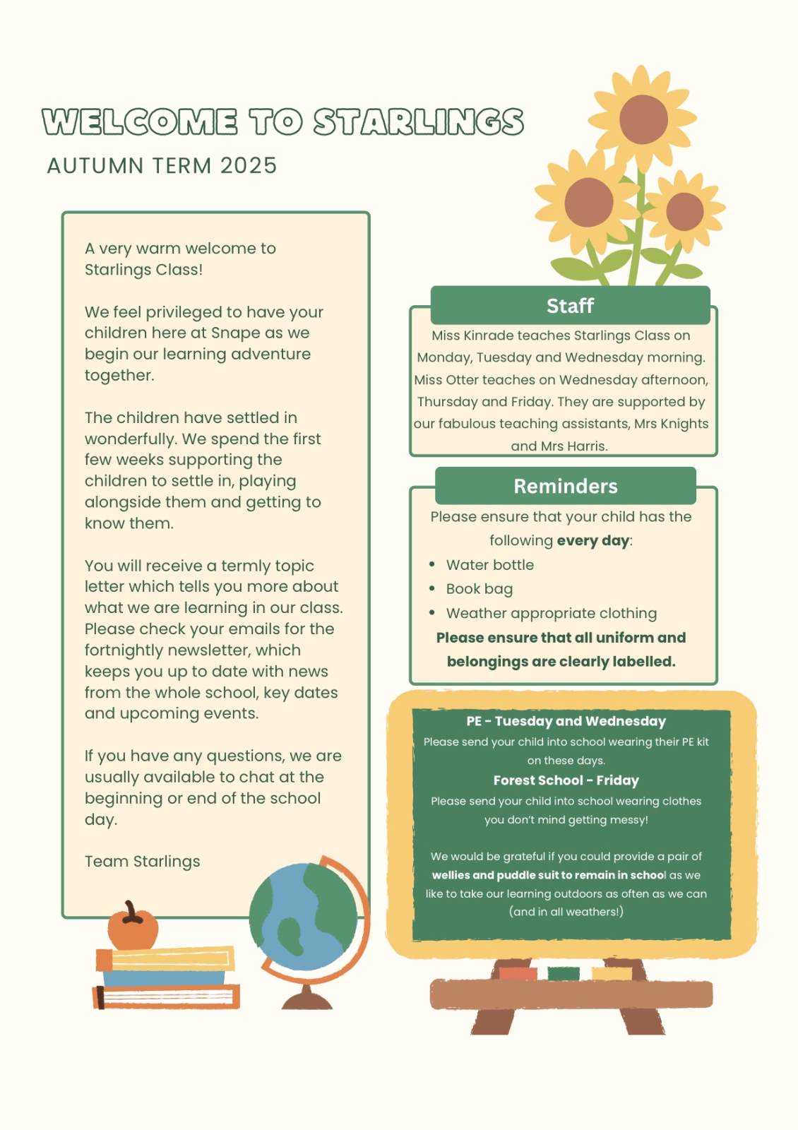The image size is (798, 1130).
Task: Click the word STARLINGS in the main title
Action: pyautogui.click(x=418, y=122)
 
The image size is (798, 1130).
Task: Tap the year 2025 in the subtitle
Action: pyautogui.click(x=248, y=166)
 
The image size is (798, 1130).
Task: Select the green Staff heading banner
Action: pyautogui.click(x=570, y=306)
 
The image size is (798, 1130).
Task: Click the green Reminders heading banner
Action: pyautogui.click(x=565, y=486)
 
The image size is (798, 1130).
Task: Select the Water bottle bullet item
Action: pyautogui.click(x=489, y=565)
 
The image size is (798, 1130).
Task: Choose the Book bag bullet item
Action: pyautogui.click(x=479, y=589)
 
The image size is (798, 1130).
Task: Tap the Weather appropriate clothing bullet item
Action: pyautogui.click(x=551, y=613)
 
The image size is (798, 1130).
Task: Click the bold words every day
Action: pyautogui.click(x=592, y=541)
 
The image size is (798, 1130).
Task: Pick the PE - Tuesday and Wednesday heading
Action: pyautogui.click(x=566, y=721)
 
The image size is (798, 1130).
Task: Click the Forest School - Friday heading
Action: pyautogui.click(x=566, y=780)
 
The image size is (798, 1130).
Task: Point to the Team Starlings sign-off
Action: pyautogui.click(x=142, y=862)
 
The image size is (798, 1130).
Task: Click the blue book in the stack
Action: pyautogui.click(x=164, y=978)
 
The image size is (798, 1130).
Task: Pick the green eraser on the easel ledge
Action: pyautogui.click(x=563, y=973)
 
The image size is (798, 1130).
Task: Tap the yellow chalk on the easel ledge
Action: pyautogui.click(x=612, y=973)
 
